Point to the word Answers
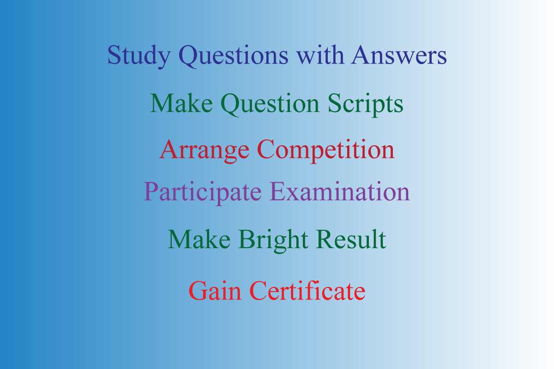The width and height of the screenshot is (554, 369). click(399, 55)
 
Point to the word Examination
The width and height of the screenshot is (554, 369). click(340, 191)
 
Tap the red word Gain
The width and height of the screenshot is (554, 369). click(217, 291)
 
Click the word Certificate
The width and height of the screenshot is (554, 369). click(307, 291)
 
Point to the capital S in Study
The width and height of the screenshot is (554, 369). click(114, 55)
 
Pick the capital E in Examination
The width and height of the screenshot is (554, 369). click(276, 191)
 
